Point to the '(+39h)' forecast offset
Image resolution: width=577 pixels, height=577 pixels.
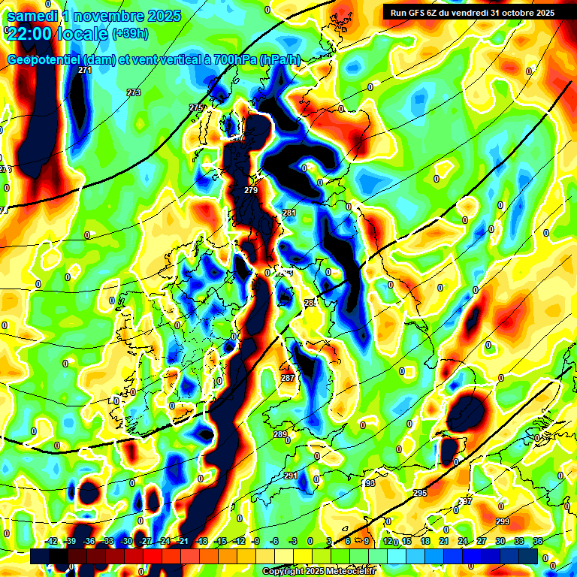129,33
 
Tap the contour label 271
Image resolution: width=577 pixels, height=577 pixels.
85,70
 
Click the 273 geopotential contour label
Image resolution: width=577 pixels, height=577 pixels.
134,92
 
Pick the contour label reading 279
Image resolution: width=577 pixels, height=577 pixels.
251,190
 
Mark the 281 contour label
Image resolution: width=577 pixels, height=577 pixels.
289,213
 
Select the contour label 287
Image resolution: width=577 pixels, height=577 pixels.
288,378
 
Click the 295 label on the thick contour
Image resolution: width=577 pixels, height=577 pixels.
420,493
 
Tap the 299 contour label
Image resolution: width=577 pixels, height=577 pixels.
503,521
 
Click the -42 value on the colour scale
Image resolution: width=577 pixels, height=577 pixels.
52,540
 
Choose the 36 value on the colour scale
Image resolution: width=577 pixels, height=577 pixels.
537,540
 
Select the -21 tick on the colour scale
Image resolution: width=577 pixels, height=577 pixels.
182,540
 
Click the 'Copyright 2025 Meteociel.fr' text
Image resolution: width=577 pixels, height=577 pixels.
319,571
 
